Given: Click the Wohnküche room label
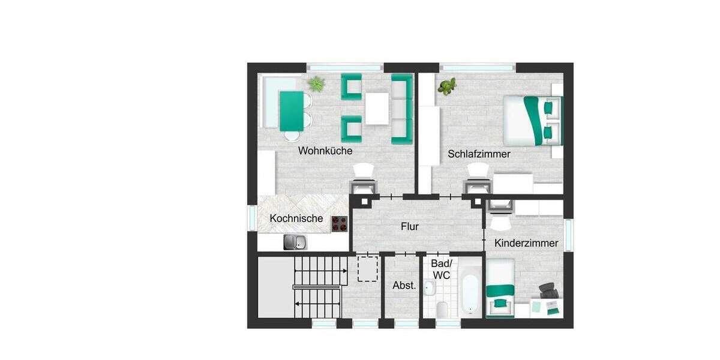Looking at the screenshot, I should (325, 151).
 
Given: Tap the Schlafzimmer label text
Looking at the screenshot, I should (479, 154).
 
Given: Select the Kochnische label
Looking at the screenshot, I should (296, 218).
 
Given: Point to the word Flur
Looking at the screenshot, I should (410, 227).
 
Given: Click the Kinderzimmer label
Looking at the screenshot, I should (526, 244).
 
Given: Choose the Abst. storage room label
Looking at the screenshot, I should (404, 286).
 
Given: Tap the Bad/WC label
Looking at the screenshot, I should (441, 269).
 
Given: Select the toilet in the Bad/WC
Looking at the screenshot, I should (442, 308).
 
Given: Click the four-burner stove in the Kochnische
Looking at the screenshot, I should (340, 224).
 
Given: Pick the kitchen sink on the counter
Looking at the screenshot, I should (295, 242).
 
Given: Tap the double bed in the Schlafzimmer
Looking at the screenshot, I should (532, 121).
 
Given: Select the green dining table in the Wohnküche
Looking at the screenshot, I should (292, 110).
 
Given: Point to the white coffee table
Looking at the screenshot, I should (377, 109).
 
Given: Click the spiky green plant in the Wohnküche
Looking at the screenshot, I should (316, 84).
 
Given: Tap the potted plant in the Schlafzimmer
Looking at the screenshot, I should (446, 86).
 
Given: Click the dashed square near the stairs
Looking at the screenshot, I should (367, 269).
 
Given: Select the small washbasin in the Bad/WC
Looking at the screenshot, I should (429, 289).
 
